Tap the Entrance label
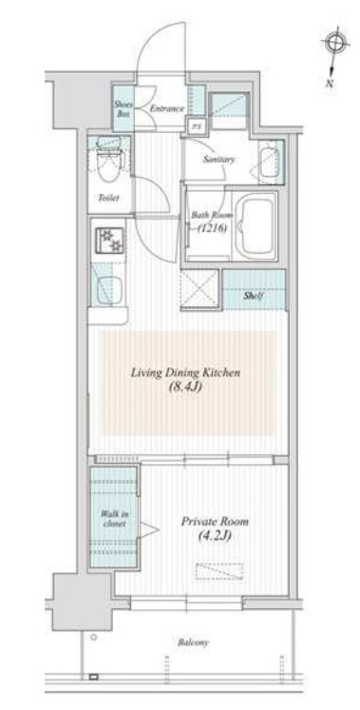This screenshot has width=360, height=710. click(166, 109)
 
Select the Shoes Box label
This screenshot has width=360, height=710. click(123, 108)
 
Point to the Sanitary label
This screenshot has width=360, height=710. click(218, 160)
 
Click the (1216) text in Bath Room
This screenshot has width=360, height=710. click(212, 228)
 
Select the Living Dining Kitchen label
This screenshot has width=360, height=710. click(186, 373)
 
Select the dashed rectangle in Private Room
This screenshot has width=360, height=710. click(217, 570)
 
